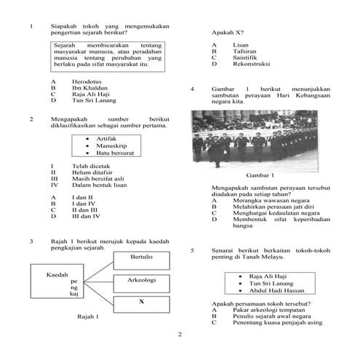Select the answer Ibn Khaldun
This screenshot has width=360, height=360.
pos(90,88)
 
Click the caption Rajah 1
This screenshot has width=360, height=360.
pos(88,317)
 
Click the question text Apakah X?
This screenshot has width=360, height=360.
pos(227,33)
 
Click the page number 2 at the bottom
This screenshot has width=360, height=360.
pos(180,335)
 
